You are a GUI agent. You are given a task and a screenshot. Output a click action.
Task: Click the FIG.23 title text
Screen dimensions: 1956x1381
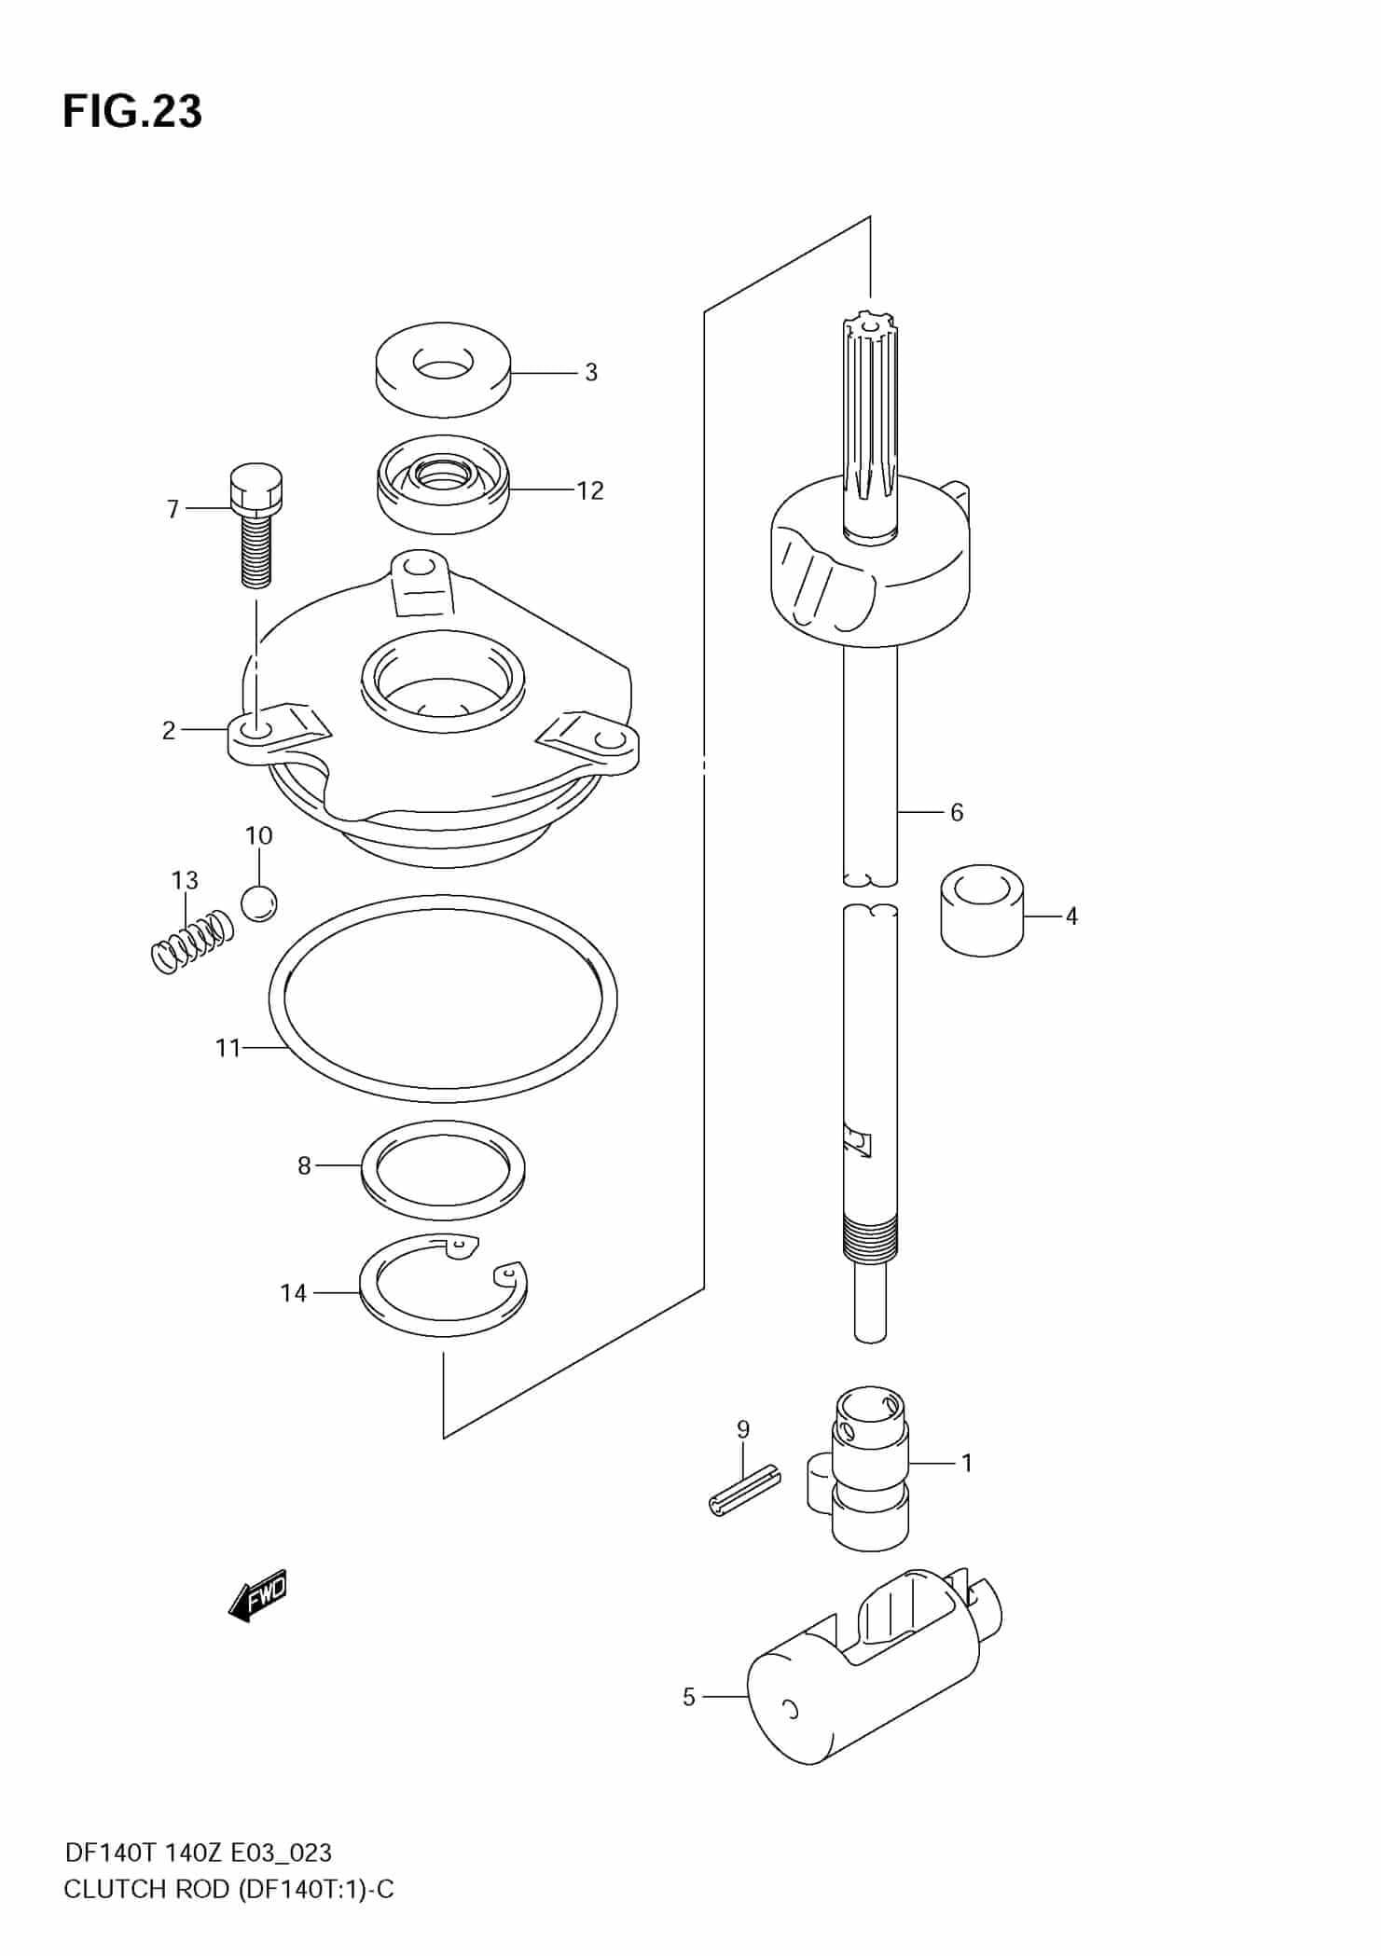131,112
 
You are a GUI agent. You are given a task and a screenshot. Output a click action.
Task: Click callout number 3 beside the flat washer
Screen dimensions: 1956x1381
590,373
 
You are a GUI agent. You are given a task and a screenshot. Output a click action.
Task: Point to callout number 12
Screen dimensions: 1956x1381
589,490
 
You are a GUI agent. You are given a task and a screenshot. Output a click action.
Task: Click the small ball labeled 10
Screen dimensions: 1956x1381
259,902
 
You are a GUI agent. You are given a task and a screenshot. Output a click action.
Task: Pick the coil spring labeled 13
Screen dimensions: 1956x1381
191,942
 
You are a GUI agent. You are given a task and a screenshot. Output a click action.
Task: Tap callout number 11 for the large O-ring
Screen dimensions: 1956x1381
228,1048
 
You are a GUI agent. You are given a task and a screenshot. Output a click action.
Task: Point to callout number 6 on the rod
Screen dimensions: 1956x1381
957,812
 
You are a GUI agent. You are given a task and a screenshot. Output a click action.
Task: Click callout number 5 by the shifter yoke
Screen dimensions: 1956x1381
688,1697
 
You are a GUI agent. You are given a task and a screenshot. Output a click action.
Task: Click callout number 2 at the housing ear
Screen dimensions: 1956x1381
168,730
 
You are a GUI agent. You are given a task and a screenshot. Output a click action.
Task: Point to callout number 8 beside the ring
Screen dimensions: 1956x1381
304,1165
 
